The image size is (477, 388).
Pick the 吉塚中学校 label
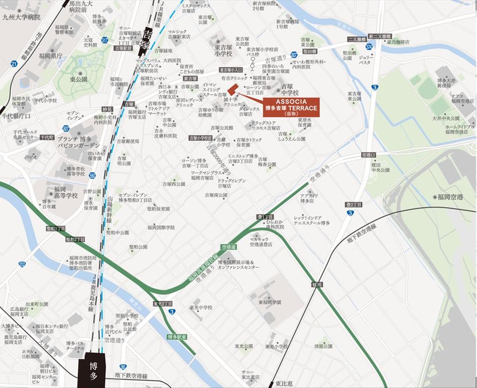(x=289, y=89)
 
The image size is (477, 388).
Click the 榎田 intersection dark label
(x=316, y=284)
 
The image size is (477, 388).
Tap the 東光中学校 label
(x=201, y=307)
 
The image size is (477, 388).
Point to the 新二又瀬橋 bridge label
(x=377, y=36)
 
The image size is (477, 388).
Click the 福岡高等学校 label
(x=56, y=193)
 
